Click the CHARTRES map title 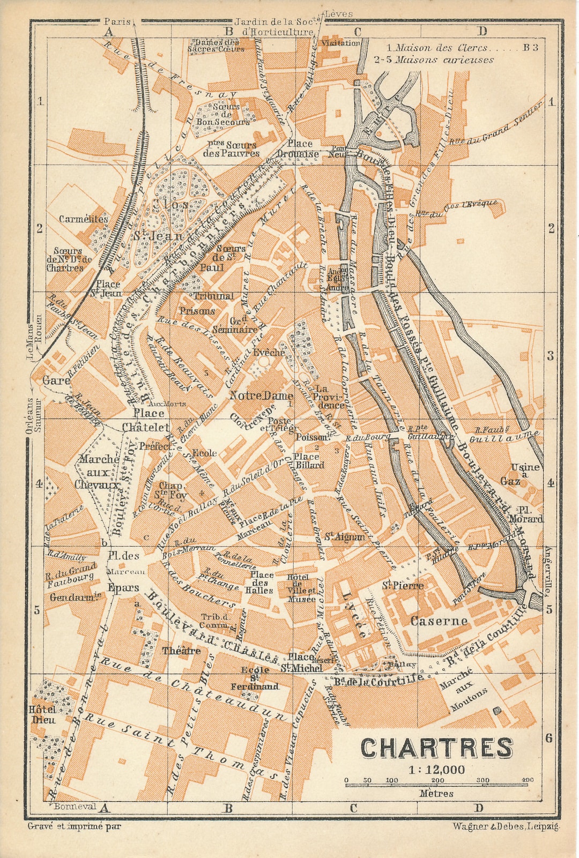coord(436,748)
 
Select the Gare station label coord(56,380)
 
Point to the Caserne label coord(439,621)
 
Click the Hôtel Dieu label coord(43,714)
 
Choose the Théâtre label coord(182,651)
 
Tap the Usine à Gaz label coord(517,474)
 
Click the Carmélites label coord(84,219)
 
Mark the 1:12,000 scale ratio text coord(436,770)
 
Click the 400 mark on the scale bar coord(528,780)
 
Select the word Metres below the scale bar coord(436,794)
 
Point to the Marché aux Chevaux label coord(98,472)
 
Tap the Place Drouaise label coord(299,148)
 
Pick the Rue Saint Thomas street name coord(182,745)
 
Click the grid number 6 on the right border coord(548,738)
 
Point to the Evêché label coord(269,353)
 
